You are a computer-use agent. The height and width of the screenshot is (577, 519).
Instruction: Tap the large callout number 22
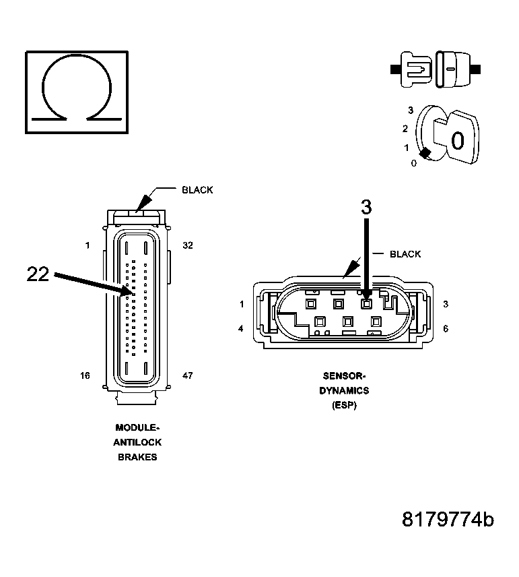[38, 274]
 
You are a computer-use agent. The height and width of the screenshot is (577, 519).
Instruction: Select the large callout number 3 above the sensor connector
[366, 208]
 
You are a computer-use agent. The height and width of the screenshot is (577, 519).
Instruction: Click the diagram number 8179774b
[448, 520]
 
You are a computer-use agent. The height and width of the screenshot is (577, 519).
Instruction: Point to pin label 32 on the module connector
[188, 245]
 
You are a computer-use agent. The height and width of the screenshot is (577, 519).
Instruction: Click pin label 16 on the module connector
[85, 375]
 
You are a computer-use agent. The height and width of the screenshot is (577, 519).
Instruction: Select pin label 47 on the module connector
[188, 375]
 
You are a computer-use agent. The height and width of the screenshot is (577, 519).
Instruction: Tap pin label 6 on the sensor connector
[446, 329]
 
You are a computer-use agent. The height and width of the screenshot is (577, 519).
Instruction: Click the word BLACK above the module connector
[197, 190]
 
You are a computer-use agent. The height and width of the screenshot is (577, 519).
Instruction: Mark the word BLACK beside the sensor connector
[405, 254]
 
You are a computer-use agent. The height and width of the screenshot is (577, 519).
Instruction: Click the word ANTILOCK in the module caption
[137, 442]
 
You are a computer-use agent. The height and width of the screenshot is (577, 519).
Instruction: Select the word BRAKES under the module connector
[137, 456]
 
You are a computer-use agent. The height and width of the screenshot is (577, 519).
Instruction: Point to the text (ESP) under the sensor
[344, 405]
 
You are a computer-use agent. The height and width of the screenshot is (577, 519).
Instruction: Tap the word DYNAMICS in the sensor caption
[344, 390]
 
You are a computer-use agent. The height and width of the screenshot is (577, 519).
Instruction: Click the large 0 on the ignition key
[457, 141]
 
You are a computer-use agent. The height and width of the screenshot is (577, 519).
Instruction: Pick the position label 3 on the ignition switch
[411, 110]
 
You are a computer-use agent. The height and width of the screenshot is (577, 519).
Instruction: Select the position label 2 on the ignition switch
[405, 128]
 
